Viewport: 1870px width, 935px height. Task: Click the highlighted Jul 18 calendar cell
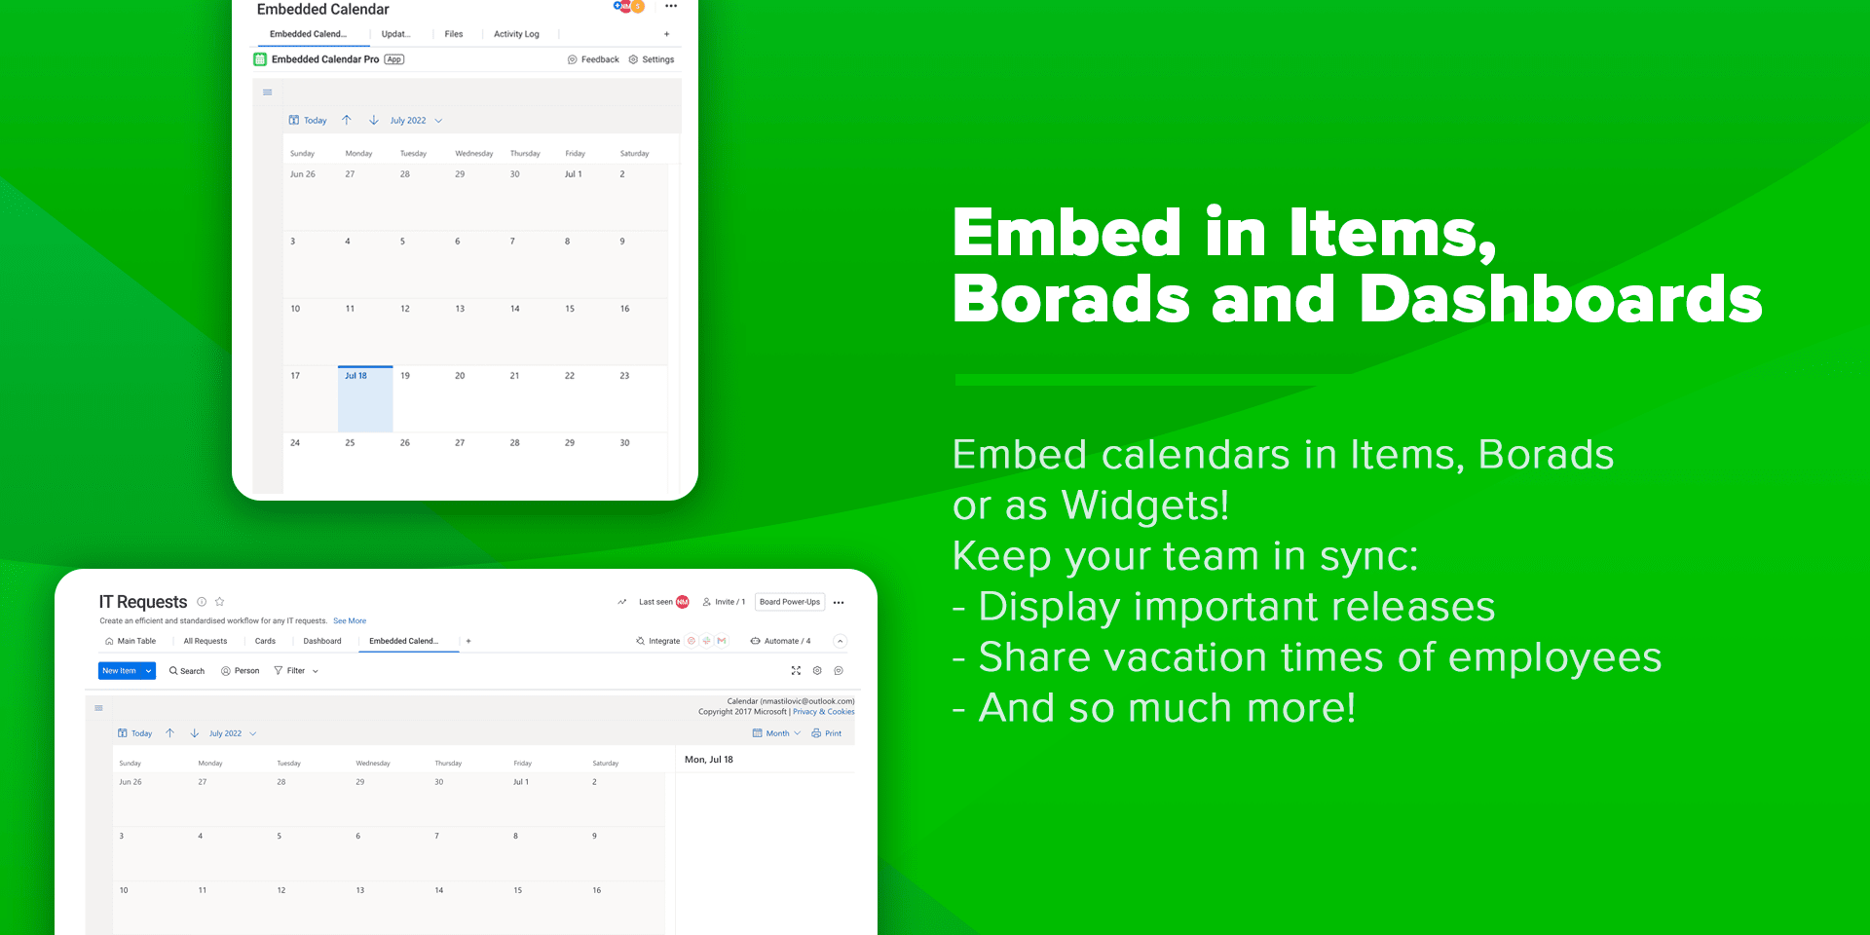pyautogui.click(x=365, y=399)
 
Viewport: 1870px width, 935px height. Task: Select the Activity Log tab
pyautogui.click(x=516, y=34)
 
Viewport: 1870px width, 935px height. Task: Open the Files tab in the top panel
pyautogui.click(x=454, y=34)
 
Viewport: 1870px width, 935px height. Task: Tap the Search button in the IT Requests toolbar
pyautogui.click(x=187, y=671)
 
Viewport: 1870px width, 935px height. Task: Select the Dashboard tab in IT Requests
pyautogui.click(x=322, y=641)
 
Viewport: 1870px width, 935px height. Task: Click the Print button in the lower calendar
pyautogui.click(x=827, y=733)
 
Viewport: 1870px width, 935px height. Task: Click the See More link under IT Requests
pyautogui.click(x=350, y=620)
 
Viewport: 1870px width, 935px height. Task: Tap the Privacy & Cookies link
pyautogui.click(x=823, y=712)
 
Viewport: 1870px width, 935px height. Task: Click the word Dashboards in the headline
pyautogui.click(x=1560, y=299)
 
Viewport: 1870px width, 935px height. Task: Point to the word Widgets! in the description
pyautogui.click(x=1145, y=505)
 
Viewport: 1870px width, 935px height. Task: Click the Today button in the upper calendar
pyautogui.click(x=308, y=121)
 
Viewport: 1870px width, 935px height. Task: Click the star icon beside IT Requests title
pyautogui.click(x=220, y=602)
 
